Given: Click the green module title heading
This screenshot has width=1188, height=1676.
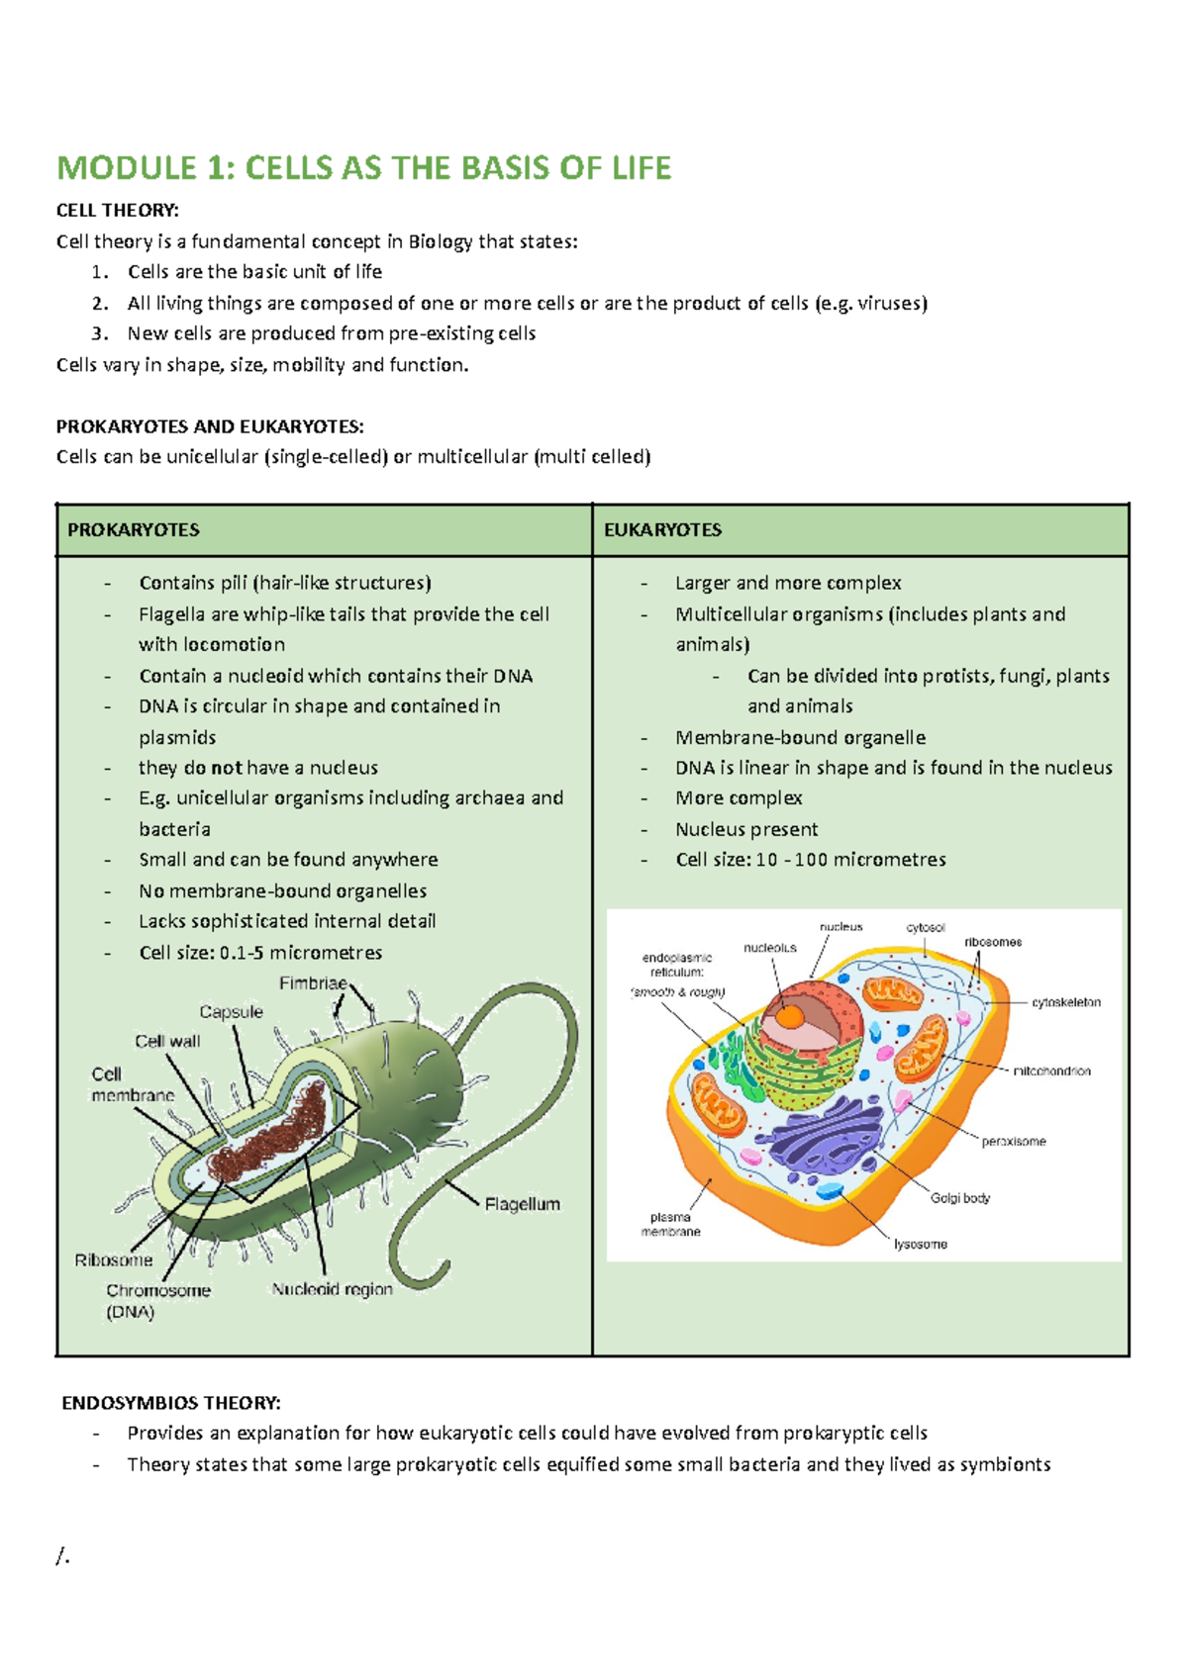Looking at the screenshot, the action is tap(363, 168).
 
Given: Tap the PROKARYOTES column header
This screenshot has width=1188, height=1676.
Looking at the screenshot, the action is tap(134, 530).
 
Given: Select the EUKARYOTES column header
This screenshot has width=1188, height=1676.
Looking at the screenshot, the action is tap(662, 530).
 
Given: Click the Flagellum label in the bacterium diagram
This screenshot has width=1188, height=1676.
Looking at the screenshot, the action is tap(522, 1204).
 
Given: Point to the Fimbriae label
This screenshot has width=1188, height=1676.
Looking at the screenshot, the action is tap(313, 983).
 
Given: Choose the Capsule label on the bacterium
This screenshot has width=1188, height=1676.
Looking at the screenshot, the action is tap(231, 1012).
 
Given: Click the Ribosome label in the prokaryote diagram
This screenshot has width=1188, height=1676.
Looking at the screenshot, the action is tap(114, 1260).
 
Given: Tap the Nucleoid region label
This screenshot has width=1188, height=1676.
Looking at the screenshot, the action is tap(332, 1289).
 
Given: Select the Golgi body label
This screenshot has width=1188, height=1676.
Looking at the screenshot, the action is tap(959, 1198).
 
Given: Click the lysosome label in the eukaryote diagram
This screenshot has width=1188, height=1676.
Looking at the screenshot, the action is tap(921, 1244).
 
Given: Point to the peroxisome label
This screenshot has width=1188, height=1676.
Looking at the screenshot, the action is tap(1014, 1142).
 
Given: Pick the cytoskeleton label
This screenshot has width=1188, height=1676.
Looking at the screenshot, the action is tap(1066, 1002).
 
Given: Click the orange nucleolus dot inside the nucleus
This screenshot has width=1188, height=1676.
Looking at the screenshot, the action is tap(790, 1016).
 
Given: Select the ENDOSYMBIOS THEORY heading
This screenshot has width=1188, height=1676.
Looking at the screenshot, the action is tap(171, 1403).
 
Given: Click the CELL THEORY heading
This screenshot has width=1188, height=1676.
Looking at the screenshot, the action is tap(118, 210).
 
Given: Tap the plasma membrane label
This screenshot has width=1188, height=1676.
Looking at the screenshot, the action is tap(670, 1225).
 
